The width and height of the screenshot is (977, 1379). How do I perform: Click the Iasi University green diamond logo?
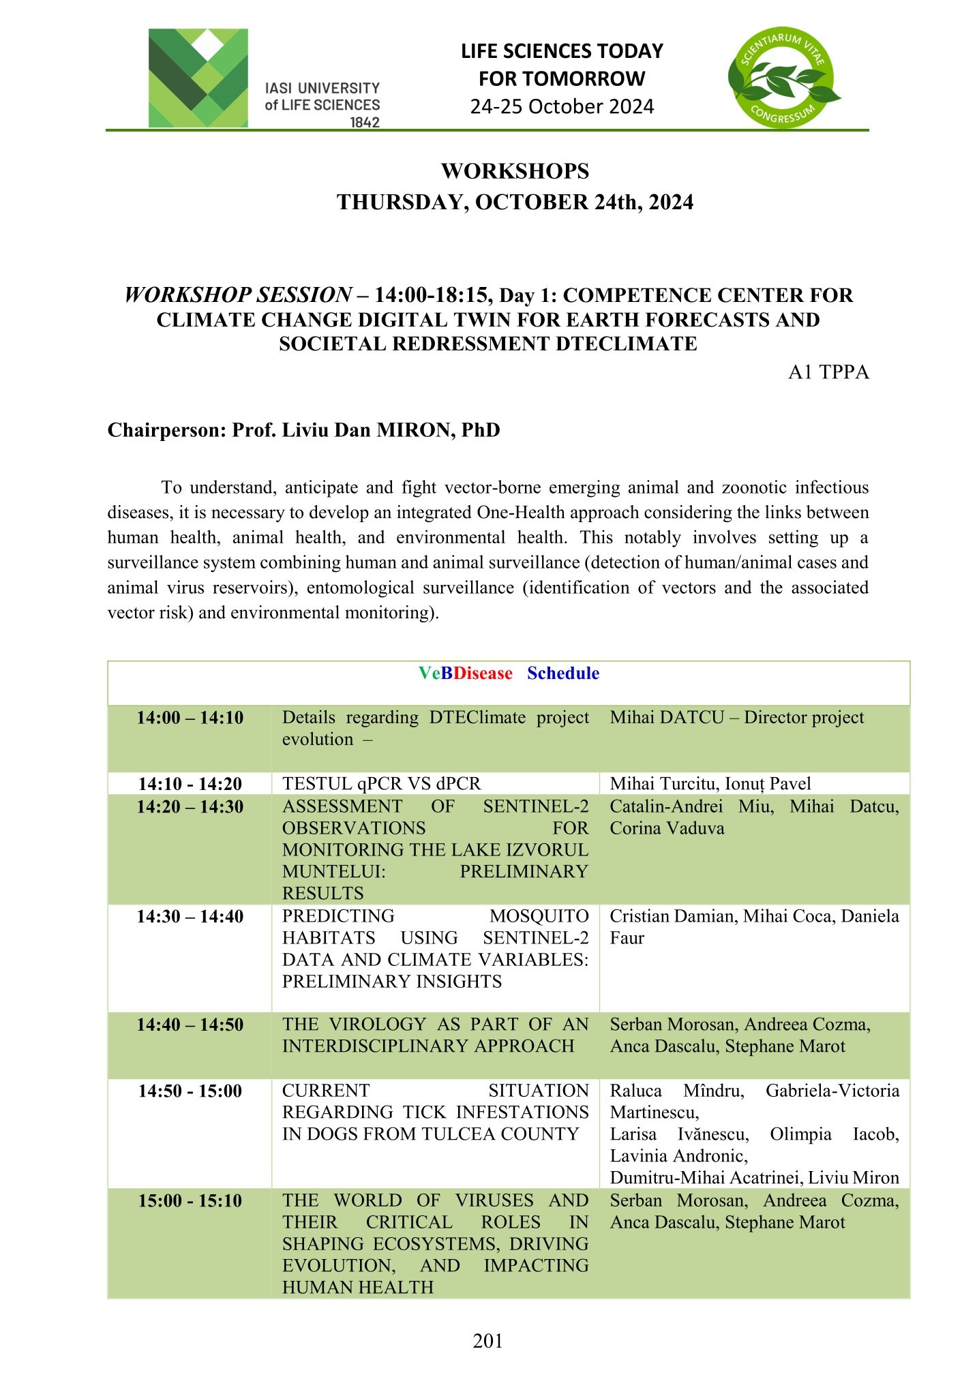pos(198,78)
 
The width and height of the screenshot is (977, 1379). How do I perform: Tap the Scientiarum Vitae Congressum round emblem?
pos(783,78)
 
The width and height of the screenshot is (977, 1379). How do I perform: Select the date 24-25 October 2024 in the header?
pos(562,107)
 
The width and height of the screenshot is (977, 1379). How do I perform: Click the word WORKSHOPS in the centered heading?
pos(515,171)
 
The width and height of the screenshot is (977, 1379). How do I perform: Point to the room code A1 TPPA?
pos(828,372)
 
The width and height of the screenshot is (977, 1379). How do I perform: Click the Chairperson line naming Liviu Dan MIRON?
pos(303,430)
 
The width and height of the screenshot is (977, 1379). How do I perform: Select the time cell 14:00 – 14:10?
pos(190,718)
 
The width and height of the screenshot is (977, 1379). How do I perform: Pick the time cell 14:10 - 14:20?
pos(190,784)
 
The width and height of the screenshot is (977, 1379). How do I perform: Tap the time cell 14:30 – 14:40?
pos(190,917)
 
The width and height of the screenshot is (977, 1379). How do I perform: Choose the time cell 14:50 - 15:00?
pos(190,1091)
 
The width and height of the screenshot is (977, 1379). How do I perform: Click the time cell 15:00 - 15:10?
pos(190,1200)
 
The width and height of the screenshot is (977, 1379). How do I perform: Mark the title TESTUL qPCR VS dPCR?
pos(381,784)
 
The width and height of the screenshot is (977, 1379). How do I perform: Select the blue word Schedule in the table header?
pos(563,673)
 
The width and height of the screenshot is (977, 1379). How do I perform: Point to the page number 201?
pos(487,1341)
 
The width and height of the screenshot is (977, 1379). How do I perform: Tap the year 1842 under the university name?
pos(365,123)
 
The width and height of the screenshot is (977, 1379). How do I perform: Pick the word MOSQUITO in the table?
pos(539,916)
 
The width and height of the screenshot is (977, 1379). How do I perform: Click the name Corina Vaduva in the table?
pos(667,828)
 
